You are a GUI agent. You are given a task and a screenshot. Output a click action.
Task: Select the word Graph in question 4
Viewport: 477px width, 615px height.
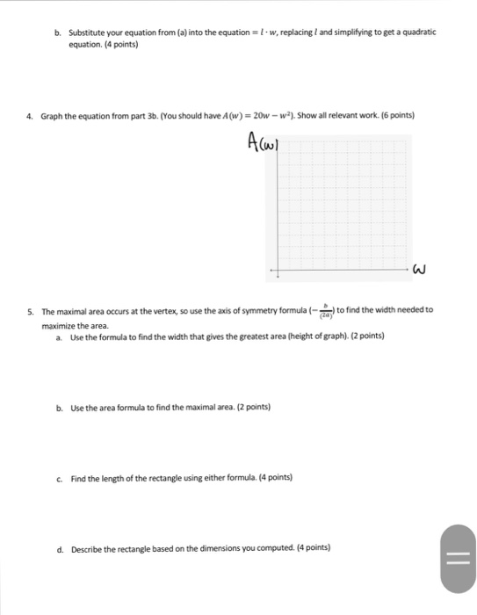pyautogui.click(x=52, y=115)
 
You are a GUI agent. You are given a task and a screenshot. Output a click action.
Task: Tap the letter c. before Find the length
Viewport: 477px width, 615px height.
pyautogui.click(x=58, y=478)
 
